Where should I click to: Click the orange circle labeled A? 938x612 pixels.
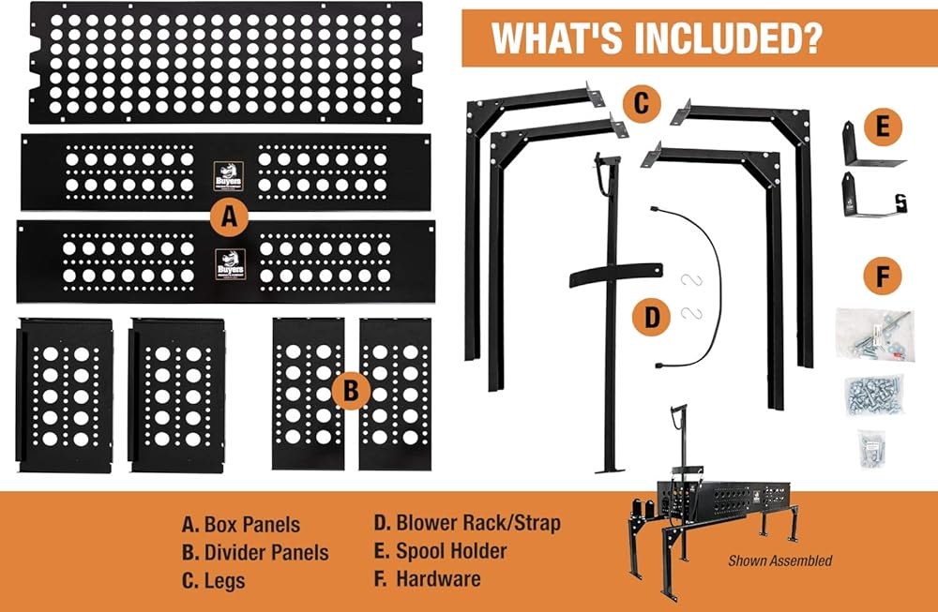(x=229, y=216)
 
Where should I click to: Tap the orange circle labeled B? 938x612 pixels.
(x=351, y=391)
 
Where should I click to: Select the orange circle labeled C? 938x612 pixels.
(x=642, y=103)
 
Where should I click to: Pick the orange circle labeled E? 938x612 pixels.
(x=883, y=127)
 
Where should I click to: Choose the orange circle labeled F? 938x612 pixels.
(x=883, y=276)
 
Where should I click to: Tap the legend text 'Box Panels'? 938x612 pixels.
(x=251, y=524)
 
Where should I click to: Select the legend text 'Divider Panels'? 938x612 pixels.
(x=266, y=552)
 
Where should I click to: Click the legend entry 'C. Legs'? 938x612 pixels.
(x=214, y=581)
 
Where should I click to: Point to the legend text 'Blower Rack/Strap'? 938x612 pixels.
(x=478, y=523)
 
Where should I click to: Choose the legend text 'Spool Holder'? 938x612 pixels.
(x=451, y=551)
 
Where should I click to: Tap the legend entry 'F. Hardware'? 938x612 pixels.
(x=427, y=578)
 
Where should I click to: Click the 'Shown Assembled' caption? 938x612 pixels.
(x=780, y=560)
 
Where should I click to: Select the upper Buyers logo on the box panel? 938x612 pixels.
(x=229, y=175)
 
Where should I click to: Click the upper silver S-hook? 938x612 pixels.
(x=691, y=279)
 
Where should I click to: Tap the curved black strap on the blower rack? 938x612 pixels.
(x=615, y=275)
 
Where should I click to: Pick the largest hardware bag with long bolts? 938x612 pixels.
(x=875, y=334)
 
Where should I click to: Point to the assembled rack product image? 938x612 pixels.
(x=712, y=502)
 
